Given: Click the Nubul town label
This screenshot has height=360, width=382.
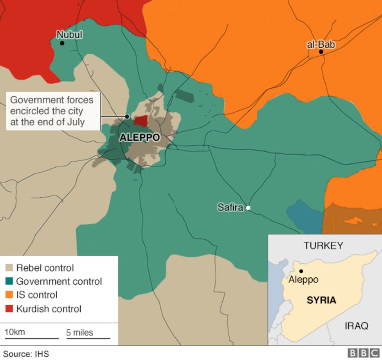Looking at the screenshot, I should pos(69,35).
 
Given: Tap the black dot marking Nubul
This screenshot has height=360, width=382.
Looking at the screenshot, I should pos(62,43).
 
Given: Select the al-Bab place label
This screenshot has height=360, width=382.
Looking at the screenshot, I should pos(321,45).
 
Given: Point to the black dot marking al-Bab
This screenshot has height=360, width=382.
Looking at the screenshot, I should pos(321,52).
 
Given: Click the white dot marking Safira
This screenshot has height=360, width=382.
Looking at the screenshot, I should pos(248,208).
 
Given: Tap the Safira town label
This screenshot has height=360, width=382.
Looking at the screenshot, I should pos(231,208).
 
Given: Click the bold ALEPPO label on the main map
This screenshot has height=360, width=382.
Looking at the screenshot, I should pos(140,137).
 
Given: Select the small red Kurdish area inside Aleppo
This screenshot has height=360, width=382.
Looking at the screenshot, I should pos(141,120).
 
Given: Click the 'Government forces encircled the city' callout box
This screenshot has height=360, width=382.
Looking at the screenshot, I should pos(53,111).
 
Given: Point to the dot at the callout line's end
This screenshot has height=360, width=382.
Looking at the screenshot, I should pos(127,117).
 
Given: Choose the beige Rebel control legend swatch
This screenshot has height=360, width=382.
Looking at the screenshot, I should pos(9,268).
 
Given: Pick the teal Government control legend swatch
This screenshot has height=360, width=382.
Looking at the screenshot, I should pos(9,281).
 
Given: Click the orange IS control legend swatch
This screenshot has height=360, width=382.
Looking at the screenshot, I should pos(9,295).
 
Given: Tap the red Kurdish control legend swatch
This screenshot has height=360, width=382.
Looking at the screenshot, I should pos(9,309).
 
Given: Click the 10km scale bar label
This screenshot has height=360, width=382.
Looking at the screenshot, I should pos(15,332).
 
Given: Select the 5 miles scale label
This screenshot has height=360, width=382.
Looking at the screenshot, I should pos(79,333).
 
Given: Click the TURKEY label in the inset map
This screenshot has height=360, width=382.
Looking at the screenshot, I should pos(323,246).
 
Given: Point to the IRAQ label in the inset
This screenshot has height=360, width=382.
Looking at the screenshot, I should pos(356,326).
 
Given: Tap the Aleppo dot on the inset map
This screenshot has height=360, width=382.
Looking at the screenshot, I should pos(301,271).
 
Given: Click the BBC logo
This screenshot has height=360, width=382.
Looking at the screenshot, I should pos(363,353).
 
